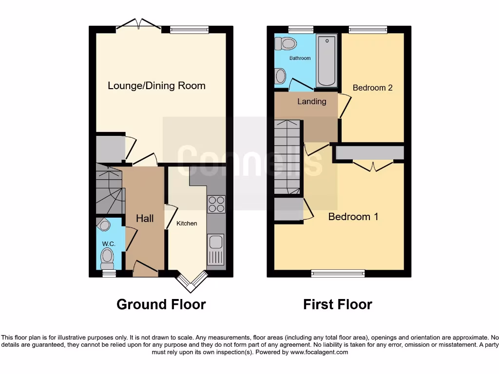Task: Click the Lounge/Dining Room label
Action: [x=156, y=86]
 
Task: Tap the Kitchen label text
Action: [x=187, y=224]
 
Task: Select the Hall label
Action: [x=145, y=219]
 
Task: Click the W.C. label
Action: [x=108, y=243]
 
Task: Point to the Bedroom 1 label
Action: [x=353, y=217]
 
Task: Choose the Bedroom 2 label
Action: [x=372, y=88]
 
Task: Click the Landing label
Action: [x=311, y=101]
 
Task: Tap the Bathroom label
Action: [x=300, y=58]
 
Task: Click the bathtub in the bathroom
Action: [x=326, y=60]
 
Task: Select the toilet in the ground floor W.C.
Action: [x=107, y=256]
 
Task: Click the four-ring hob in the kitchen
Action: [x=216, y=204]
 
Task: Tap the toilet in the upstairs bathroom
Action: [x=286, y=44]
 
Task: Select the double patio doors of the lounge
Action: [x=140, y=25]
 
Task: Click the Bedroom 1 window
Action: [x=338, y=273]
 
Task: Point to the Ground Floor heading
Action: [x=161, y=305]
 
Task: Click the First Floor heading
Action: [x=337, y=305]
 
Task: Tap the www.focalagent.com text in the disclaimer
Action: [x=319, y=352]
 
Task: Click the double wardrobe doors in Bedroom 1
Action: [x=373, y=166]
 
